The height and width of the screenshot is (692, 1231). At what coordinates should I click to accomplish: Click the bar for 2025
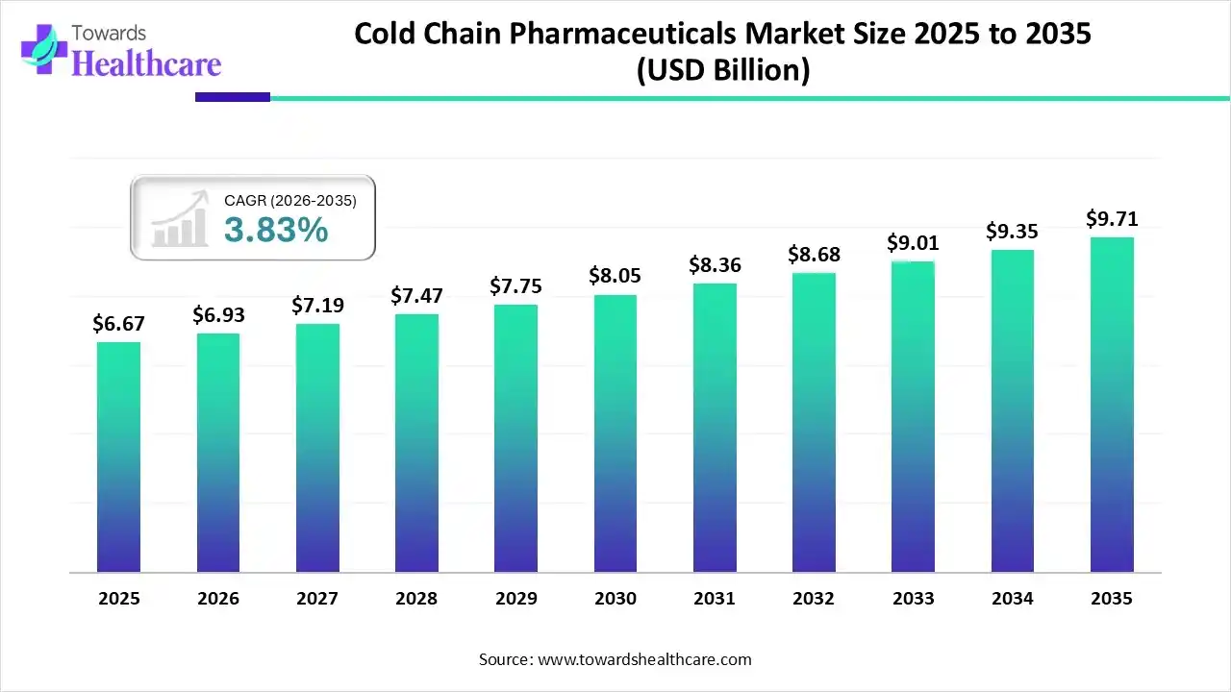118,457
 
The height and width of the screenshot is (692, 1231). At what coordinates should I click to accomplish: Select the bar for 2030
615,433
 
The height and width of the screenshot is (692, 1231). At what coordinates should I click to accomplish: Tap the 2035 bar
1112,405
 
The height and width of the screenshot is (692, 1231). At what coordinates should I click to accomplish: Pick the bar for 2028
416,443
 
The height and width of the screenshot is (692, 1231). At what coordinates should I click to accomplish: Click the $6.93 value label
217,315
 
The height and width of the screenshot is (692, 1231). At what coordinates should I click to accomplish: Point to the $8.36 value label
715,264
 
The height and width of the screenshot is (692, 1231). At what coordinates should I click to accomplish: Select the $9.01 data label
913,242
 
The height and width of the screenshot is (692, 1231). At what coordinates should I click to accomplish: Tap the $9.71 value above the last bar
1112,219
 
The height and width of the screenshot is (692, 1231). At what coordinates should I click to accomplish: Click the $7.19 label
317,306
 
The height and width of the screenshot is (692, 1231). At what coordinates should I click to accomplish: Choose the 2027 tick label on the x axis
317,599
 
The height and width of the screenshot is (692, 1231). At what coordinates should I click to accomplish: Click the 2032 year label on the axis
814,599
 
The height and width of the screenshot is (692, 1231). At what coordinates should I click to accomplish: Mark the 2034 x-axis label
1013,599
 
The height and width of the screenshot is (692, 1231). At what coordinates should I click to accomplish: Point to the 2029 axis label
515,599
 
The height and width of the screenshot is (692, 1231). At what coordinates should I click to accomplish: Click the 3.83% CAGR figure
276,231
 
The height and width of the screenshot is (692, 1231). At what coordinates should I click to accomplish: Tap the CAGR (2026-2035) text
290,201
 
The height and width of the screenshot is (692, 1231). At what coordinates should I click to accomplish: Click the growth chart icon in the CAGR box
181,218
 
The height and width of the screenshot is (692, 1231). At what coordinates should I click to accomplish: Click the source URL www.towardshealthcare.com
643,659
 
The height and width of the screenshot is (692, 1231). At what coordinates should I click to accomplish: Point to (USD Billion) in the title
722,70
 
